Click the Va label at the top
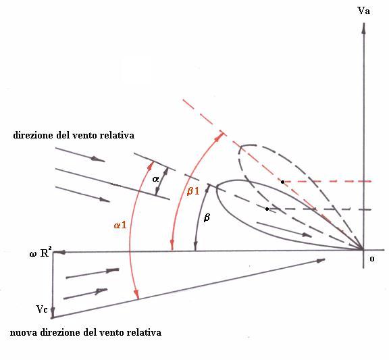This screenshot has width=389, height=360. coord(363,11)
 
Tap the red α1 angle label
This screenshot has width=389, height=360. coord(120,225)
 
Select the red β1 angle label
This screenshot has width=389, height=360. coord(193,190)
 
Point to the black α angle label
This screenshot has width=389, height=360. coord(155,179)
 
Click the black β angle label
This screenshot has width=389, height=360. coord(207,217)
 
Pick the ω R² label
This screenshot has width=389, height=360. coord(41,253)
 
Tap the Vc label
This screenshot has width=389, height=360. coord(42,309)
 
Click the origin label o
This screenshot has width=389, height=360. coord(372,259)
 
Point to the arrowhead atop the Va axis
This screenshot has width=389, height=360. coord(364,28)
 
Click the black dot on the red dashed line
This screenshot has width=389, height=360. coord(282,182)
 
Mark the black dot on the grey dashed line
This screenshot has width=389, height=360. coord(267,209)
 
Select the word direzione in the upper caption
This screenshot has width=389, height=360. coord(34,136)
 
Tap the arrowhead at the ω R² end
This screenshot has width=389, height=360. coord(59,253)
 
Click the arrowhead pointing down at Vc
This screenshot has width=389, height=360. coord(53,311)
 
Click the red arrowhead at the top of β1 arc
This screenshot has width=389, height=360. coord(218,137)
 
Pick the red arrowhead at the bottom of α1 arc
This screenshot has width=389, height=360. coord(136,294)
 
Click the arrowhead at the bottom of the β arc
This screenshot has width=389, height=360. coord(195,246)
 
